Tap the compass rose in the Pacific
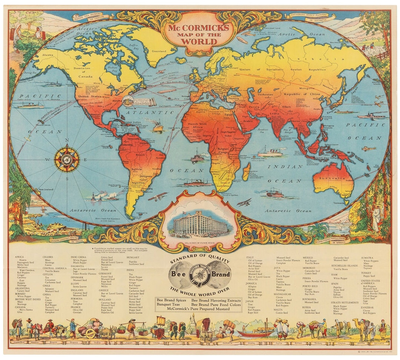pyautogui.click(x=67, y=159)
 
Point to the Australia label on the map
pyautogui.click(x=333, y=181)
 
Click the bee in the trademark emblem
pyautogui.click(x=200, y=275)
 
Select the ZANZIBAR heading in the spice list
pyautogui.click(x=369, y=307)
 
